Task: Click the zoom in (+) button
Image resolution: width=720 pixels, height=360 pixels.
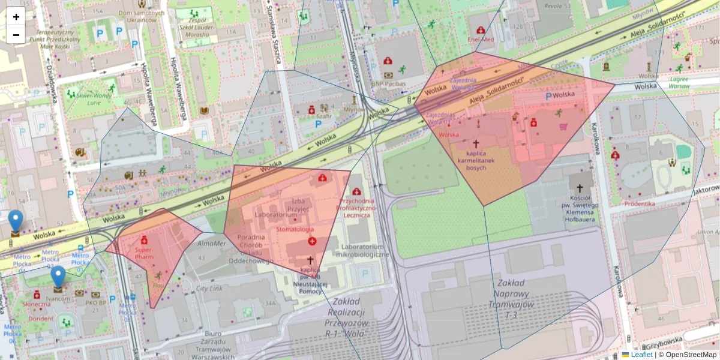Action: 16,16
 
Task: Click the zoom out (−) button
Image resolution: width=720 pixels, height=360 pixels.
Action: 16,34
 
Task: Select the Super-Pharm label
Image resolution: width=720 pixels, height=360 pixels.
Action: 144,253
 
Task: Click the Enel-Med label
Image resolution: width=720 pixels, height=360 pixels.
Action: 481,40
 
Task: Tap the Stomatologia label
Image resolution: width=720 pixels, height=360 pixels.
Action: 294,229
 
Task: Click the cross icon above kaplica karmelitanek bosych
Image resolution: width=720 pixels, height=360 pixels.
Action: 476,144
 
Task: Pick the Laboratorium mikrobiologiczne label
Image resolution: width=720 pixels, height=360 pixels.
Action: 362,250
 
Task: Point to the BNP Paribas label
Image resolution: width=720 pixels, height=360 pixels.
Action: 388,83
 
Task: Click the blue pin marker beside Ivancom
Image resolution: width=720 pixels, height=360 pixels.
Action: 58,277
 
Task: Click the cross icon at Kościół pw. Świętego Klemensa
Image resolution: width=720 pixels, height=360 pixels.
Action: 580,188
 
